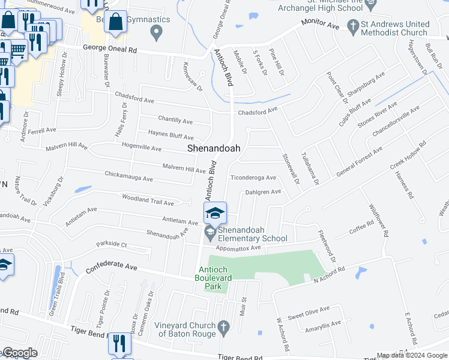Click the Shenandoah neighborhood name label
(x=214, y=148)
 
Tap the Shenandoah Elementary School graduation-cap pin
(x=215, y=213)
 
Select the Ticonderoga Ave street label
(x=253, y=178)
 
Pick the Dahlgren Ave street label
(x=263, y=192)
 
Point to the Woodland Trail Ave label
(x=148, y=199)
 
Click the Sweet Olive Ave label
(x=309, y=311)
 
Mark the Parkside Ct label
(x=111, y=245)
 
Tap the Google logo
(x=20, y=353)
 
